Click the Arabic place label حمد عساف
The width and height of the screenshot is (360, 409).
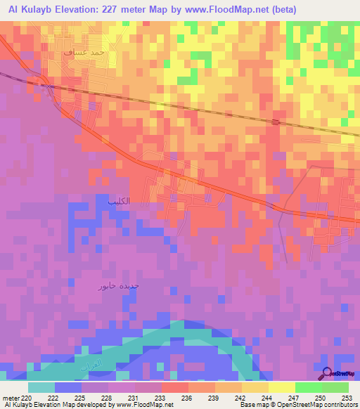point(84,52)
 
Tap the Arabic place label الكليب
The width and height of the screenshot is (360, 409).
point(119,202)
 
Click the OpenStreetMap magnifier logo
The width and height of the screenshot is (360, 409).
point(328,373)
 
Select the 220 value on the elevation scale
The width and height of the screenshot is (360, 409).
point(27,398)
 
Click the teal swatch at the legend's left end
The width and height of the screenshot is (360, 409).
point(41,387)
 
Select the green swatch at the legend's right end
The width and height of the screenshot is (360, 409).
point(335,387)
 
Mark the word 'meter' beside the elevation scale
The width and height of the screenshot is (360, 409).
point(11,398)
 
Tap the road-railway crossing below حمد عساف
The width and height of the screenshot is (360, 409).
point(51,84)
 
